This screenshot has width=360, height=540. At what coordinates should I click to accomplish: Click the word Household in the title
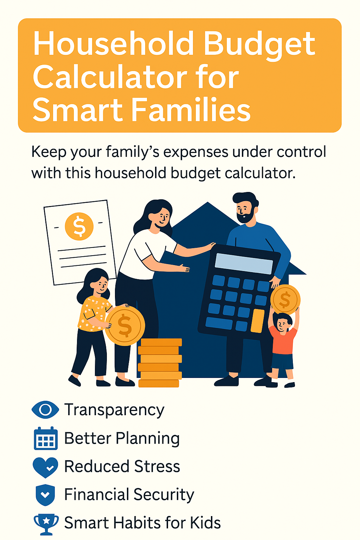(x=113, y=44)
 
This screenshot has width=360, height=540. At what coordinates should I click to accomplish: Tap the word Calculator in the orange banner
(x=110, y=78)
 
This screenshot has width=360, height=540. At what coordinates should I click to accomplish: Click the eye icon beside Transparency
(x=45, y=410)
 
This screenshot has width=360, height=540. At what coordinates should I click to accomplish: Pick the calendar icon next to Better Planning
(x=46, y=438)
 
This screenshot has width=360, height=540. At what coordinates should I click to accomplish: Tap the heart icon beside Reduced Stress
(x=45, y=467)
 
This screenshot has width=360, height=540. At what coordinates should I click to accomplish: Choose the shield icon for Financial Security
(x=45, y=495)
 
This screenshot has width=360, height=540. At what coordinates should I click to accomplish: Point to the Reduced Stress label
(x=122, y=466)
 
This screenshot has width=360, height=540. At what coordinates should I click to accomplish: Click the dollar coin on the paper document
(x=79, y=226)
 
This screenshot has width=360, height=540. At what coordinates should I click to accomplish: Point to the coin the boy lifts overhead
(x=285, y=300)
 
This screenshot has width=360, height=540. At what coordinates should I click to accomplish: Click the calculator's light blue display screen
(x=244, y=264)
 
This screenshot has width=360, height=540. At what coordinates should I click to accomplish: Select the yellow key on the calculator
(x=257, y=321)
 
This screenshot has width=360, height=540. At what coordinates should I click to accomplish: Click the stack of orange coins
(x=160, y=363)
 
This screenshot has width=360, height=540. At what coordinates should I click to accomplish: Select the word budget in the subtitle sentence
(x=195, y=174)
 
